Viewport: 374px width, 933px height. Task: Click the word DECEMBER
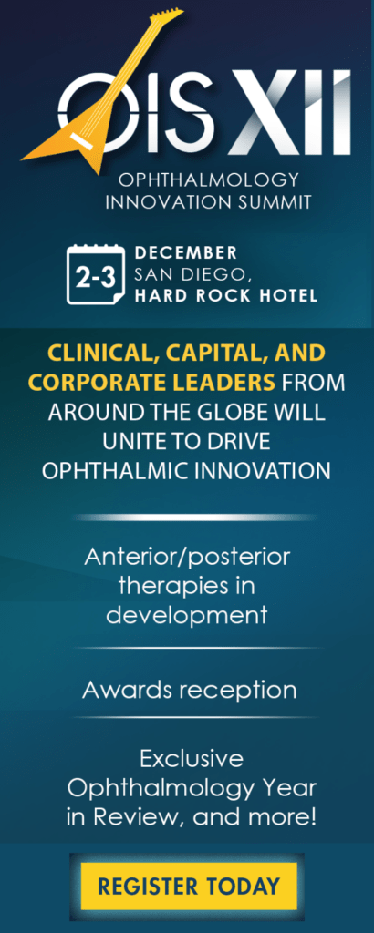(185, 252)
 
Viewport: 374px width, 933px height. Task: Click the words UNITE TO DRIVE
(188, 442)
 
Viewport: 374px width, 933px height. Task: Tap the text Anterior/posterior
(187, 556)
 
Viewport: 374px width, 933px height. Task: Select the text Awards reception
(189, 690)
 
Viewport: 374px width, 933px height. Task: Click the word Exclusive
(188, 758)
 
